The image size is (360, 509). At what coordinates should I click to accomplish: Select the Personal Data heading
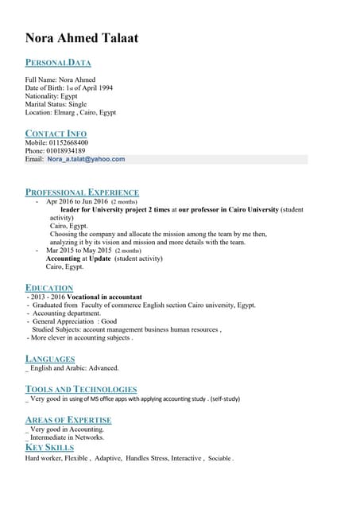click(x=58, y=62)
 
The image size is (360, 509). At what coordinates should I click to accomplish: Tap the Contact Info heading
click(x=56, y=133)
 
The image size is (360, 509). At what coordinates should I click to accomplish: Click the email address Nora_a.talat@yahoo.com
click(x=86, y=159)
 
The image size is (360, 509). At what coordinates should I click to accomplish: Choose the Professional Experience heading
click(x=82, y=192)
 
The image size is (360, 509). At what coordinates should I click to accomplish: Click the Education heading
click(x=49, y=287)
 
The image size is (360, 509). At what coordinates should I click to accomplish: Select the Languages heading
click(x=50, y=359)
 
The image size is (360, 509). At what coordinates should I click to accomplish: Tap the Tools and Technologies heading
click(x=75, y=389)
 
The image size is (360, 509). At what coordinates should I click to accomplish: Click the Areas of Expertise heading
click(x=68, y=419)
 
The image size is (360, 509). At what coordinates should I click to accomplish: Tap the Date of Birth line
click(x=68, y=87)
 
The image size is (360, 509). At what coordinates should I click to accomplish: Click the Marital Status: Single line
click(x=56, y=103)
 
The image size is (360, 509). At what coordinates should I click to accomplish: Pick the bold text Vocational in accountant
click(x=100, y=296)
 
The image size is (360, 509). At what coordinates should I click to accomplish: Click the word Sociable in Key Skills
click(x=220, y=459)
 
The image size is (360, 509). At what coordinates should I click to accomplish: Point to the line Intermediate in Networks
click(x=67, y=437)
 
